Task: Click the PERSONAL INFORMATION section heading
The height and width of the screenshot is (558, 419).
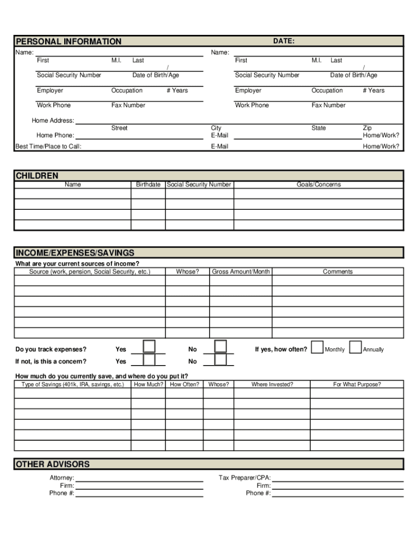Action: (x=69, y=41)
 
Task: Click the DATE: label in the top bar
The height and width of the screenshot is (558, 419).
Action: (x=284, y=41)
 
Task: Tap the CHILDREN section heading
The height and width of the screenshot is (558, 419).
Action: (x=37, y=175)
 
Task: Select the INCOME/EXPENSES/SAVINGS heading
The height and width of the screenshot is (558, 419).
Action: (x=75, y=253)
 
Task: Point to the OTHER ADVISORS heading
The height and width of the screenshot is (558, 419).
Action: (x=53, y=464)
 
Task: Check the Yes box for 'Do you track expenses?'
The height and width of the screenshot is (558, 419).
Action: (x=149, y=347)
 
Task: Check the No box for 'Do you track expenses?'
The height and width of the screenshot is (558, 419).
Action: (x=220, y=347)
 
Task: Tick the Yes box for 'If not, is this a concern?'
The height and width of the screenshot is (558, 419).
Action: (x=149, y=360)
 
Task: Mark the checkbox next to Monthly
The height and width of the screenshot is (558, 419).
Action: (x=317, y=348)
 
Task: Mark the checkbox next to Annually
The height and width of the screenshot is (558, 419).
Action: (x=355, y=348)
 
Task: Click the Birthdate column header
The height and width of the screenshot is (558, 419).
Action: (x=148, y=185)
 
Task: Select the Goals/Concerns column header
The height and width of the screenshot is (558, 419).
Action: (x=319, y=185)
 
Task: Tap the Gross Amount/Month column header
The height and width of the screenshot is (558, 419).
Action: (x=241, y=271)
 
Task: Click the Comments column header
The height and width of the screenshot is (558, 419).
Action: (x=337, y=271)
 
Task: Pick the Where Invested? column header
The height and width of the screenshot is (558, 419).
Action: (x=272, y=384)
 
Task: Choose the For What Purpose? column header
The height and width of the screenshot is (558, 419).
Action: (x=357, y=384)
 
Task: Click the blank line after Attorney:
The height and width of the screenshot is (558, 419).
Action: (x=139, y=478)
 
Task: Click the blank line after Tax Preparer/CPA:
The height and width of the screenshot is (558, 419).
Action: (x=337, y=478)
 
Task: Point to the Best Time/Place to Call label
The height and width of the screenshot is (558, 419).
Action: (x=48, y=146)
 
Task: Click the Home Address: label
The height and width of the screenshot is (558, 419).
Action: (x=53, y=120)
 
